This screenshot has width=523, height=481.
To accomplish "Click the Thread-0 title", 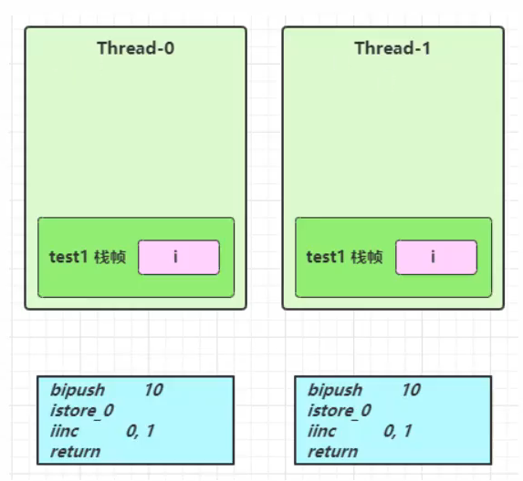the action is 136,48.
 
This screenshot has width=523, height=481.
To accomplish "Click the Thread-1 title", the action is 392,48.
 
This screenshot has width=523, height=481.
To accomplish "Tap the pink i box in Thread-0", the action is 179,257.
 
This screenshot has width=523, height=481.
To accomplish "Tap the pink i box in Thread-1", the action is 436,257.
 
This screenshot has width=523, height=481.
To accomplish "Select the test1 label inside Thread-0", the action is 68,257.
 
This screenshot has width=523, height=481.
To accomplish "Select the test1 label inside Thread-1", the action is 326,257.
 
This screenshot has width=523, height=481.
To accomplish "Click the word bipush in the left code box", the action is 78,390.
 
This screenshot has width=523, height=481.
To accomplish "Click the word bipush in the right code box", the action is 335,390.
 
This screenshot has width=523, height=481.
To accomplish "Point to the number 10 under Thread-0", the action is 153,390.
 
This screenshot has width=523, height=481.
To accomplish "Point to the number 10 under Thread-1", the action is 412,390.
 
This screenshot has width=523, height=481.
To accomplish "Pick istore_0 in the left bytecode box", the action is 82,411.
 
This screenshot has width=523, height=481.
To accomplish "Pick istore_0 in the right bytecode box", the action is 340,411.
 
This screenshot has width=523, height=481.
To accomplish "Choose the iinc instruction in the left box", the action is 65,431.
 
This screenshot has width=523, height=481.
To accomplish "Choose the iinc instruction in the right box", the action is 322,431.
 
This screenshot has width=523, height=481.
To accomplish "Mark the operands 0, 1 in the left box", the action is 140,432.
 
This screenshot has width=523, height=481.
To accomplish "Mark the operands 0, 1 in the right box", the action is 398,432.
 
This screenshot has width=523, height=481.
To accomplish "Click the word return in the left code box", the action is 76,452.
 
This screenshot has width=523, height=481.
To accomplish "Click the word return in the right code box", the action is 333,452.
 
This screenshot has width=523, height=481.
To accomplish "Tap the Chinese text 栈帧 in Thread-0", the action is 110,257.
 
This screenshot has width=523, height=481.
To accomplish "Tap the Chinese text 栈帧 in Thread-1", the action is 367,257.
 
